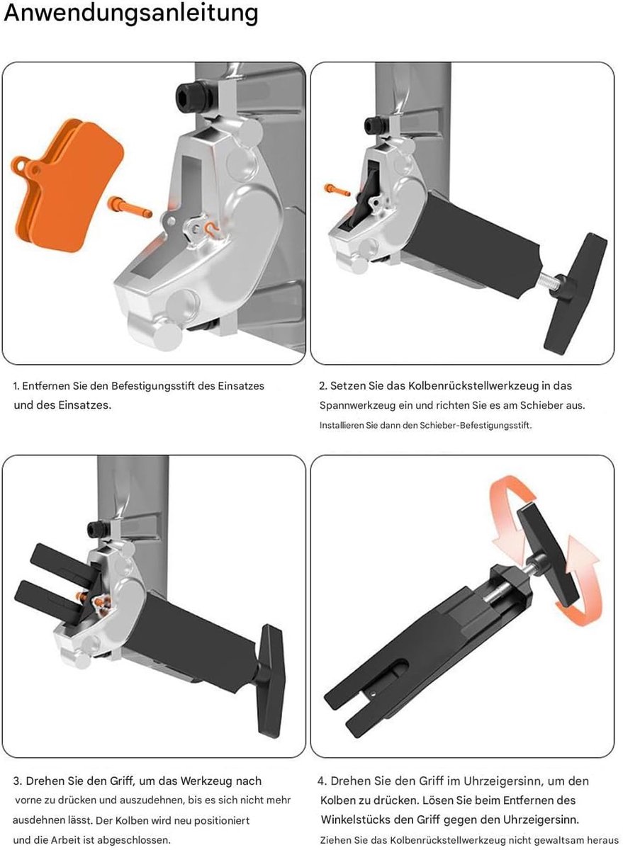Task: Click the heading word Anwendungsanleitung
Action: [x=131, y=13]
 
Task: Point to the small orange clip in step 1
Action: [x=211, y=228]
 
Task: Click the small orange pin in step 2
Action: [x=337, y=190]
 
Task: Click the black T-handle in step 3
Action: [x=270, y=681]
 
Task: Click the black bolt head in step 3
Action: [x=97, y=530]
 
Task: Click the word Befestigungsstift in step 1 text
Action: [x=153, y=386]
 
